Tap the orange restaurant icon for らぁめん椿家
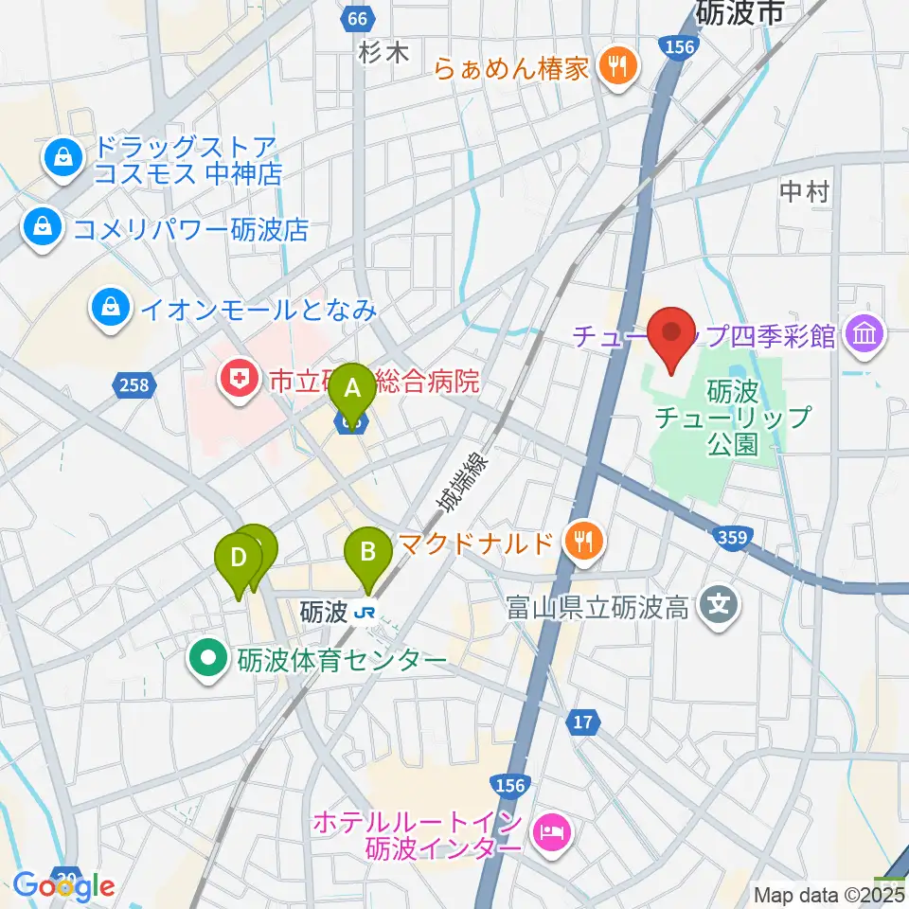tap(619, 67)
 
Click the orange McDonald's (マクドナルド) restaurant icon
tap(579, 542)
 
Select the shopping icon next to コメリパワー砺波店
tap(42, 227)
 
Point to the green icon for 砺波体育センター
tap(206, 659)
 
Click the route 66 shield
tap(354, 19)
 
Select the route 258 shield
tap(136, 383)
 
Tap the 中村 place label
tap(804, 193)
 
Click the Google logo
tap(64, 886)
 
